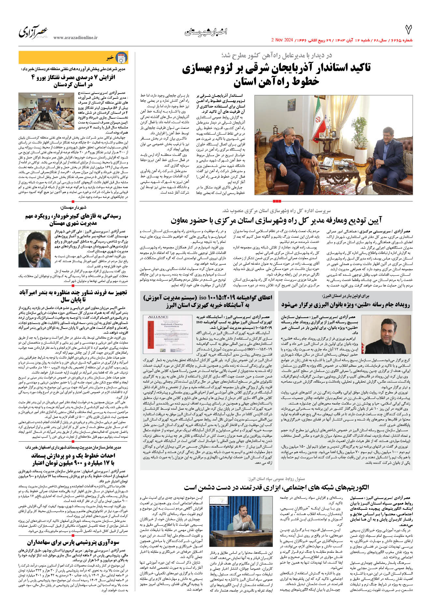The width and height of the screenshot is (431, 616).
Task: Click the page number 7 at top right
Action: (x=408, y=30)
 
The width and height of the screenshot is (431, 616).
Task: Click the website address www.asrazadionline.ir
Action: (x=75, y=38)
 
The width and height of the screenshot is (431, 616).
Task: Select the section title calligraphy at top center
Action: (x=206, y=32)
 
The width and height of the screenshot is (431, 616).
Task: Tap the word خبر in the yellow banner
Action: (x=110, y=58)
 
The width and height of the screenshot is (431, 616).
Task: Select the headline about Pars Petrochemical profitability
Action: (x=73, y=542)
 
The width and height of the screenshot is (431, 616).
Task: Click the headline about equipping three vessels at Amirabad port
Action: (x=73, y=296)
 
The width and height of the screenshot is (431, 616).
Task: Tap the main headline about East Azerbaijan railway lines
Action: (x=276, y=74)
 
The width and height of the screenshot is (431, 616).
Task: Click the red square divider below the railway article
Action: (x=276, y=201)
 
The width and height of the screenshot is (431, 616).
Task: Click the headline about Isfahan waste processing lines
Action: (x=73, y=459)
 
